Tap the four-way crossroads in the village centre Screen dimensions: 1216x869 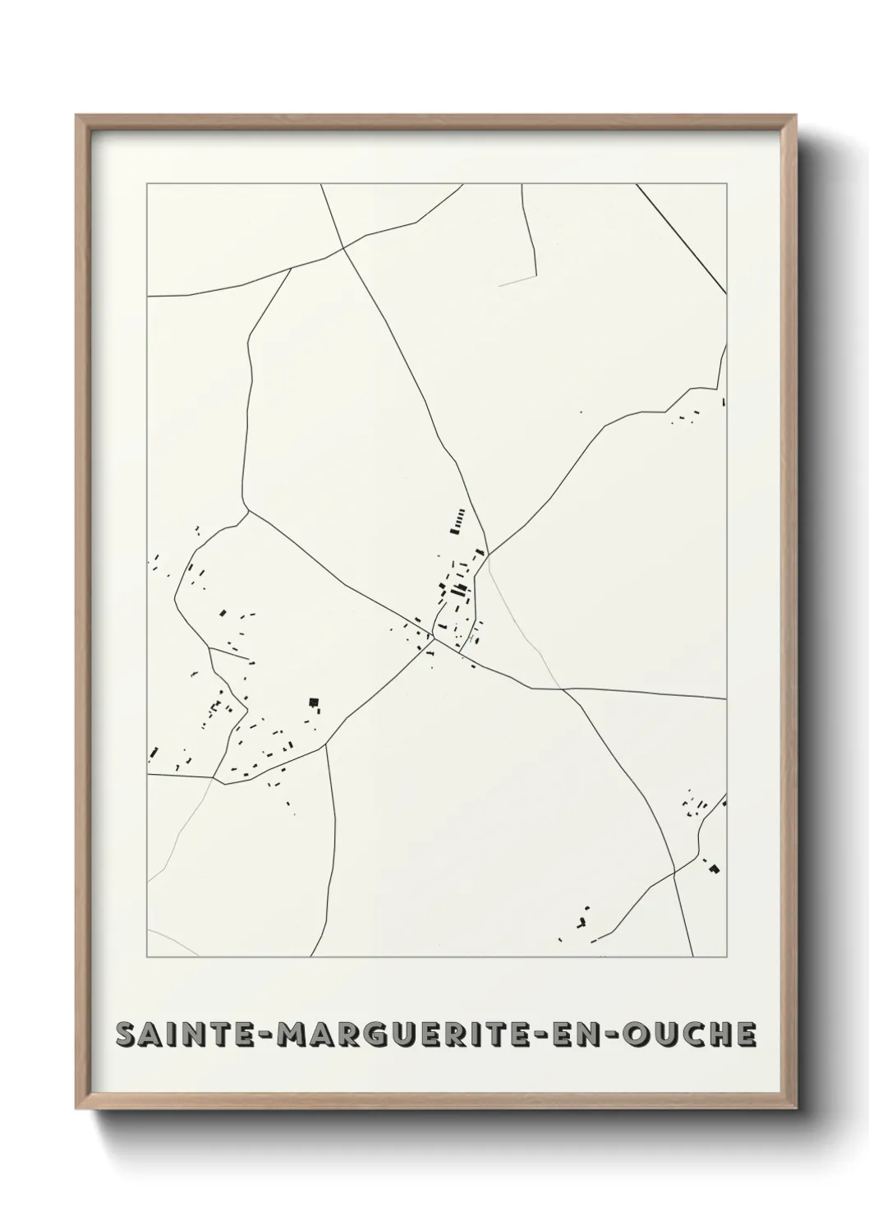434,638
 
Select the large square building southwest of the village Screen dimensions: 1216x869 312,701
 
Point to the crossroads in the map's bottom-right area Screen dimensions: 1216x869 674,872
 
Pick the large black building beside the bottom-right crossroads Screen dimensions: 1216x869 714,868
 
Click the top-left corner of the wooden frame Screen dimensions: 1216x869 77,116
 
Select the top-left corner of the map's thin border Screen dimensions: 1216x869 147,184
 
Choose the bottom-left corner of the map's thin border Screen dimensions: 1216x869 147,958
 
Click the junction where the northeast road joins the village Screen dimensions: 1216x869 488,553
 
